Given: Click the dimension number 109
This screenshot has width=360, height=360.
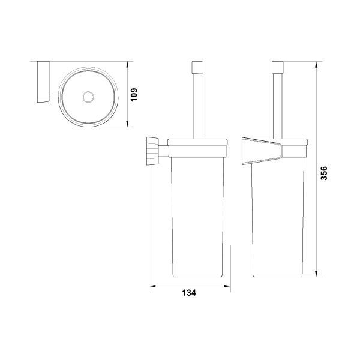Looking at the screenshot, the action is [x=134, y=94].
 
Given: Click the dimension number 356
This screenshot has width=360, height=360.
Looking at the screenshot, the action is [x=323, y=173].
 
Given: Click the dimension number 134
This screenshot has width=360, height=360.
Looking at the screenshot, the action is [x=189, y=293].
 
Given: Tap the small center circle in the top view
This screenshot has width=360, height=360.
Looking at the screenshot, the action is [x=88, y=97].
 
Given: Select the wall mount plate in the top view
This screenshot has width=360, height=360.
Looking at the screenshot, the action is [x=43, y=82].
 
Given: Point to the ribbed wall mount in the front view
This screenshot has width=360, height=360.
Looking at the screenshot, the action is [x=152, y=151].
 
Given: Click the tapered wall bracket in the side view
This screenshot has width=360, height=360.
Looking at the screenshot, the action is [x=262, y=151].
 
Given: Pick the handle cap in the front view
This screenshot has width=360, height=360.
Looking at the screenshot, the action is [x=197, y=67].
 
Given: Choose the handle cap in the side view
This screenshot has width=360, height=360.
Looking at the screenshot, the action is [x=278, y=67].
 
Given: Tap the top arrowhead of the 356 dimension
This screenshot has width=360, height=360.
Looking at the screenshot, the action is [x=316, y=65].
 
